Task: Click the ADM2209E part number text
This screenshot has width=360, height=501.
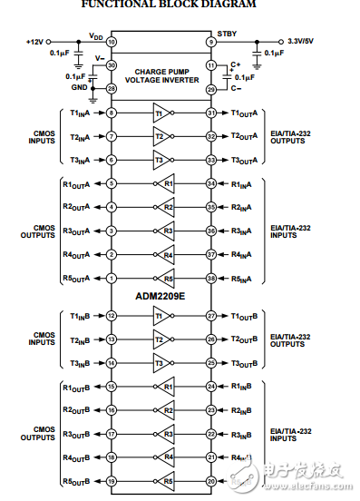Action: [x=161, y=295]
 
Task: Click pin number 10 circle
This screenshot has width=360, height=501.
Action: [x=112, y=42]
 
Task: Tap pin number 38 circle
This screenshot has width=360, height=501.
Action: [x=210, y=278]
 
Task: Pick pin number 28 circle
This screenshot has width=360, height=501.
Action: [x=112, y=89]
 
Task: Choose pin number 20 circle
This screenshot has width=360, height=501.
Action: [x=210, y=481]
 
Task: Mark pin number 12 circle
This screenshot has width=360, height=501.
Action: [x=112, y=316]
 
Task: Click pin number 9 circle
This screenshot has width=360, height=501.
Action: [x=210, y=42]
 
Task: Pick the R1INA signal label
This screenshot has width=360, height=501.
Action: [x=242, y=183]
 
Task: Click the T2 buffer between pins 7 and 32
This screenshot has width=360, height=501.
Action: [x=161, y=136]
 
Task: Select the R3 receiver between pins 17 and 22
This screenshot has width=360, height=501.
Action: [x=164, y=434]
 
